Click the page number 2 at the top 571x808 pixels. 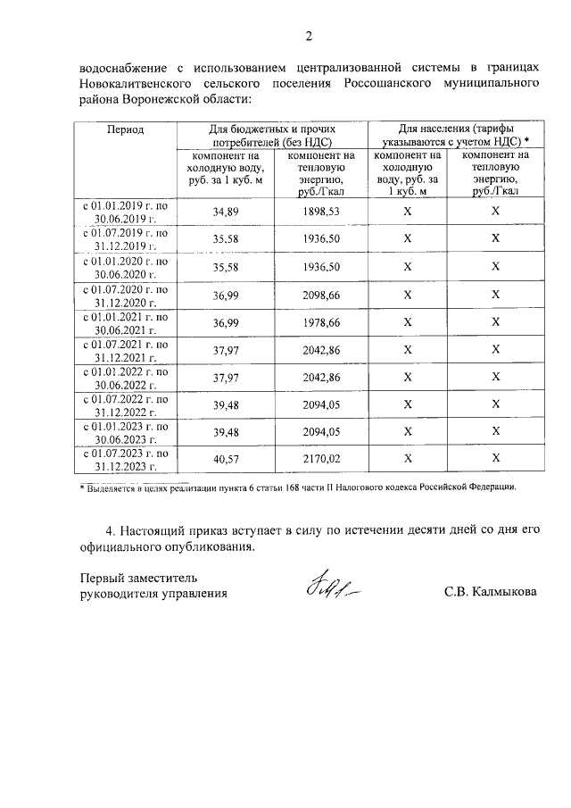click(x=309, y=37)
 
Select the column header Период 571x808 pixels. click(x=126, y=129)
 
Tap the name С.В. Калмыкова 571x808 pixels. click(x=490, y=592)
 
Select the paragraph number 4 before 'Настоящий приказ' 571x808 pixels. click(x=108, y=530)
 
